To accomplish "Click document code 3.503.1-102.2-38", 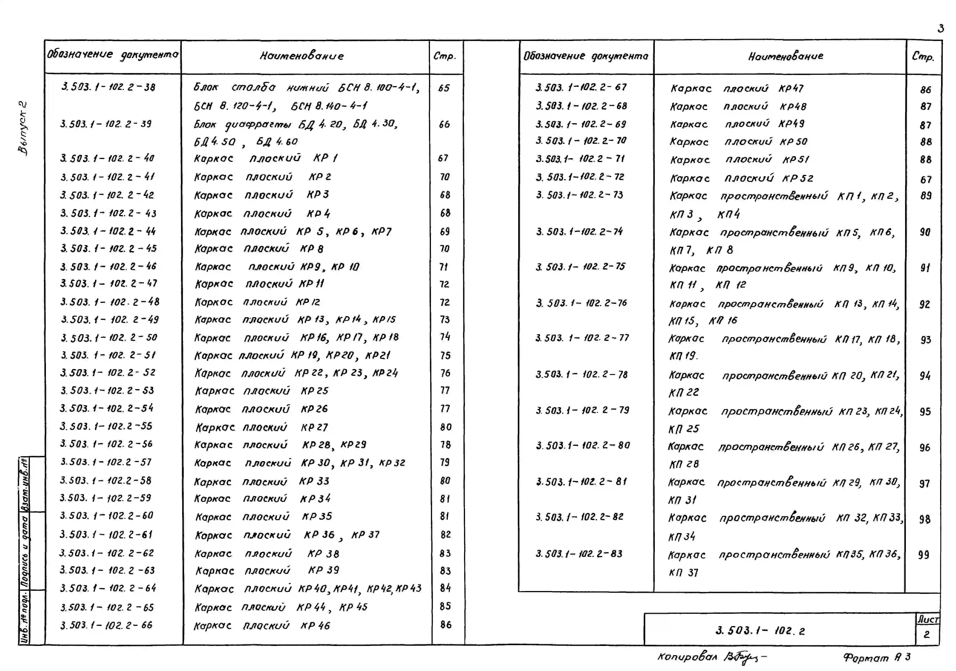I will (x=108, y=87).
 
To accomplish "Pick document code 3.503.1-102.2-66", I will (x=107, y=625).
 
